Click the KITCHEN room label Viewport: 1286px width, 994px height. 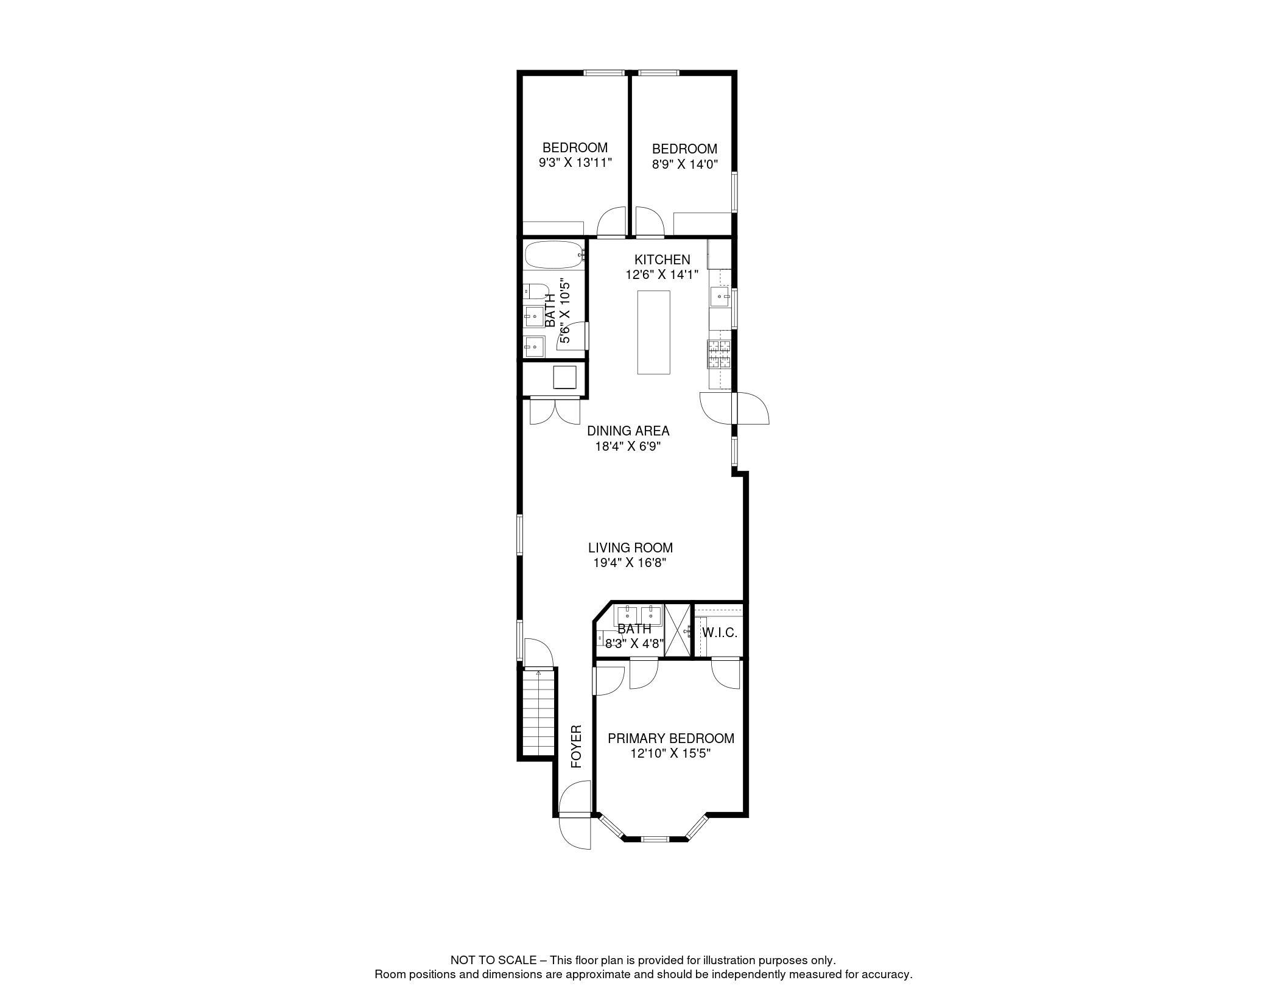662,260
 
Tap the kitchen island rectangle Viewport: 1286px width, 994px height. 653,332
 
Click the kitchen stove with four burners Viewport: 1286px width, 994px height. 719,354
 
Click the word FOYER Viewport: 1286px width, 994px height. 576,747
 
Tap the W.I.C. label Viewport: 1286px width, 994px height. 719,633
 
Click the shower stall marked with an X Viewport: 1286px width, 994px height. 678,630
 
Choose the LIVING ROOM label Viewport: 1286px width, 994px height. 630,548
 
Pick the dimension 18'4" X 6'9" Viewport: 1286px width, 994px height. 628,446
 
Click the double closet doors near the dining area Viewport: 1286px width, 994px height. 555,411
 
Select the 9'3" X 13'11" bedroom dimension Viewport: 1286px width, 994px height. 575,163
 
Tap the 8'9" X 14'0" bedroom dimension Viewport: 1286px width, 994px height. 684,164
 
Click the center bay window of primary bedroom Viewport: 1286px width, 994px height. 655,839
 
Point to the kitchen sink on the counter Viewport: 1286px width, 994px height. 721,297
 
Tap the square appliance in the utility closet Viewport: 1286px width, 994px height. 564,378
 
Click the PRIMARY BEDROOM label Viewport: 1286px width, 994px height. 671,738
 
